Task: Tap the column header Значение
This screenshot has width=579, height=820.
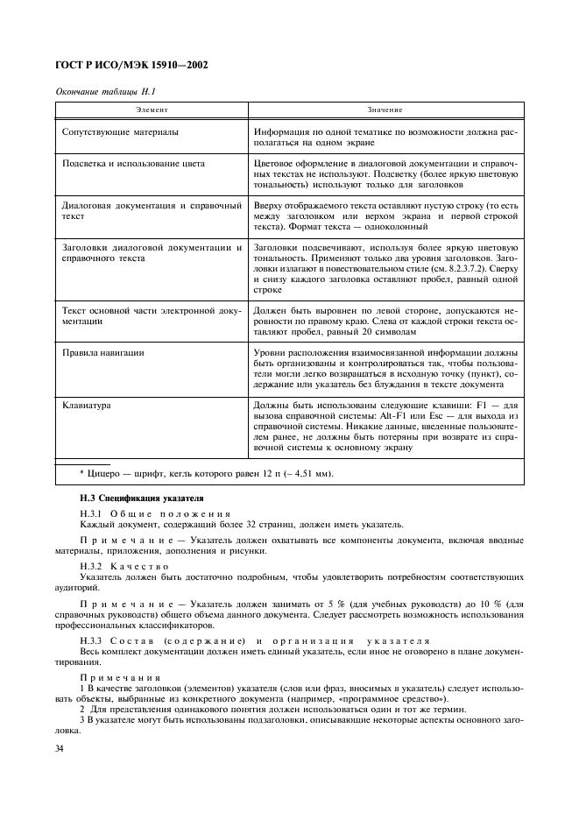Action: pos(385,111)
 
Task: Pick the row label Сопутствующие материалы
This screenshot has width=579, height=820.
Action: pos(120,132)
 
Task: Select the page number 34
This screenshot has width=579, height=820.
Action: pos(61,747)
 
